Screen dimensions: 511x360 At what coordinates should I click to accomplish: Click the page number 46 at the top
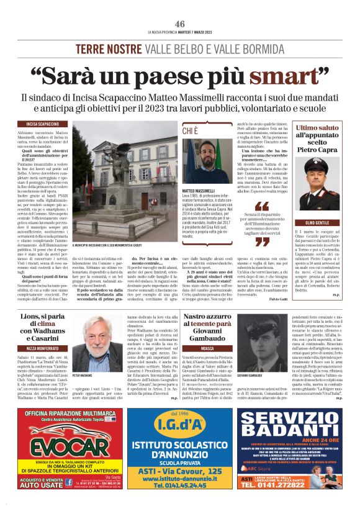pos(180,24)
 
